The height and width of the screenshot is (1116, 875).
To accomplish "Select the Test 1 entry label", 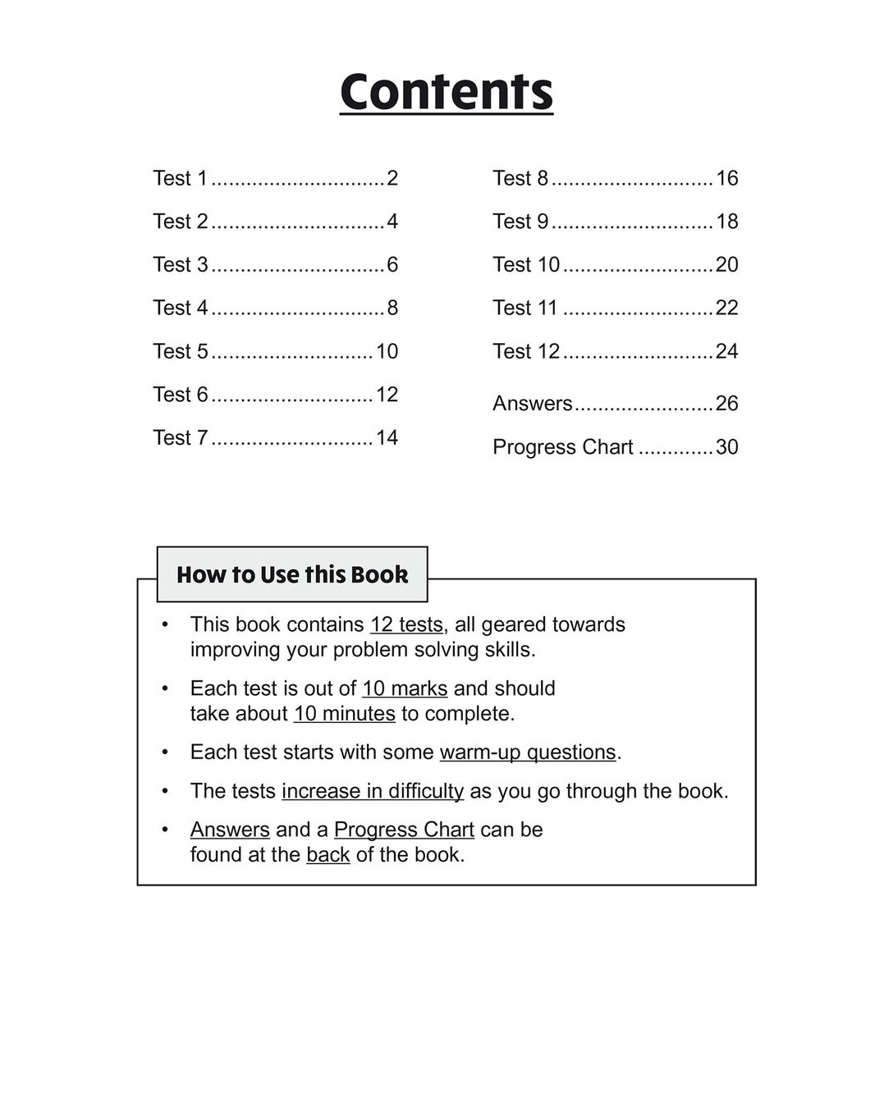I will pyautogui.click(x=181, y=178).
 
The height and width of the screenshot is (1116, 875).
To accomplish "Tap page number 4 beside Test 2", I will pyautogui.click(x=392, y=222).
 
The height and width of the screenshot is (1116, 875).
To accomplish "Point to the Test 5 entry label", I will pyautogui.click(x=181, y=351).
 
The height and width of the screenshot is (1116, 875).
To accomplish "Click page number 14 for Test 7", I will pyautogui.click(x=387, y=437).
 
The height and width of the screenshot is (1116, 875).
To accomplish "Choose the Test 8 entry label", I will pyautogui.click(x=520, y=178).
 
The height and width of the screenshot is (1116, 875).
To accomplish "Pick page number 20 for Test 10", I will pyautogui.click(x=726, y=264).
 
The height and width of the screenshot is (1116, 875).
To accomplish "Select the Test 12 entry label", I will pyautogui.click(x=526, y=351).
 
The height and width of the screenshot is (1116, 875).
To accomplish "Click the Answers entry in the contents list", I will pyautogui.click(x=532, y=404).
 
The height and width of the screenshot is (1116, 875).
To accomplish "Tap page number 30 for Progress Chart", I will pyautogui.click(x=726, y=447).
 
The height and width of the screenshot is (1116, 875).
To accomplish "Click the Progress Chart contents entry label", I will pyautogui.click(x=562, y=447).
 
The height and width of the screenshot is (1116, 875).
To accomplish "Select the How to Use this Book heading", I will pyautogui.click(x=292, y=574).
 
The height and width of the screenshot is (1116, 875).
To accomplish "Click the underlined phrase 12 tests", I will pyautogui.click(x=406, y=624).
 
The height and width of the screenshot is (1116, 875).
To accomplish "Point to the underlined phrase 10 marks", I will pyautogui.click(x=405, y=688).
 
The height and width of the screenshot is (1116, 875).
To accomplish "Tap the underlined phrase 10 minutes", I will pyautogui.click(x=345, y=714).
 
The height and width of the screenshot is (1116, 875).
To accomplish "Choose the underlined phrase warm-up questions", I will pyautogui.click(x=528, y=752).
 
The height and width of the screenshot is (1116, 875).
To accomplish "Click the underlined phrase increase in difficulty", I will pyautogui.click(x=373, y=791).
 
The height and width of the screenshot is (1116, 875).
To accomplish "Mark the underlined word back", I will pyautogui.click(x=328, y=855).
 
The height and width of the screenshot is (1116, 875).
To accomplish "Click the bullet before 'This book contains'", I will pyautogui.click(x=165, y=624).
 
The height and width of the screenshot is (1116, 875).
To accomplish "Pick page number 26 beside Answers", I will pyautogui.click(x=726, y=404).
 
